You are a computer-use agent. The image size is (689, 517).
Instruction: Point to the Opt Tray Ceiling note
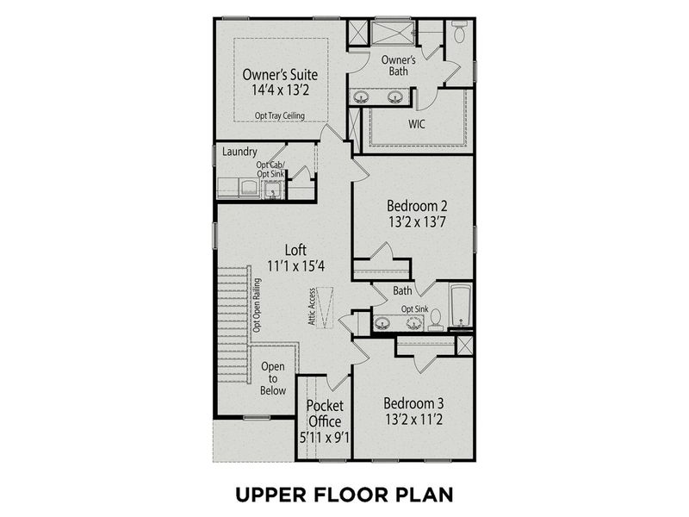280,115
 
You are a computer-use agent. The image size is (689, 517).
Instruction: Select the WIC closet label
417,123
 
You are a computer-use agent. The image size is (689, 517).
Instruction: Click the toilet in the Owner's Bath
459,33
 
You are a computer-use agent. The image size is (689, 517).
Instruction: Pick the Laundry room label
240,152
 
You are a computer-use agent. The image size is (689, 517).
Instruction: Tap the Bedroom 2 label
416,206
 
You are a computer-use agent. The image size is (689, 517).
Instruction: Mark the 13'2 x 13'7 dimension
416,223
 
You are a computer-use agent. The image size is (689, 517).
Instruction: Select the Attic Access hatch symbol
326,307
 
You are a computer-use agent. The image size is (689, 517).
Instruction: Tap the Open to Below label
273,378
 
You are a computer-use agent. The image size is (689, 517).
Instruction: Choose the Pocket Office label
325,413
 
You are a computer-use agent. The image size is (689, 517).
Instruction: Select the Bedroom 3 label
414,402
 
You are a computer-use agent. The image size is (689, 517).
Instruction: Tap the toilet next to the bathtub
436,320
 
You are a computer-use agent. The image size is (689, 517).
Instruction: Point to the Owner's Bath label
399,65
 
